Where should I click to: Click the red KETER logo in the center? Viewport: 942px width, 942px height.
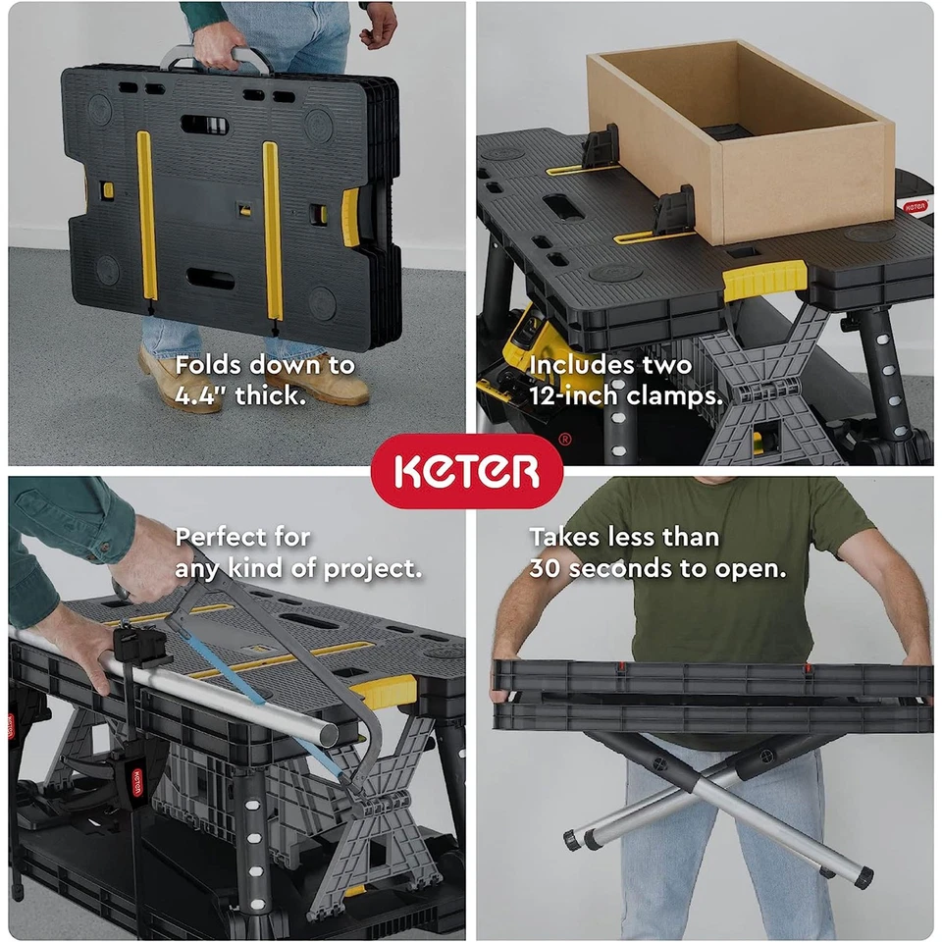point(467,472)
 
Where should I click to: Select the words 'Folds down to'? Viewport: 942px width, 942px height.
point(265,366)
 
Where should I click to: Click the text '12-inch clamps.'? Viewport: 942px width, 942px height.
point(626,396)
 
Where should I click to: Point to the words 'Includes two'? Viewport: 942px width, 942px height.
point(610,366)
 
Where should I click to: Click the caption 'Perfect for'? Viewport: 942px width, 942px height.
point(242,538)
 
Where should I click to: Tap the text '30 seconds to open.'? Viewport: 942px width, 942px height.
point(657,568)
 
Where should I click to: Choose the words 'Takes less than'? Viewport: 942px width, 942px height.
point(624,538)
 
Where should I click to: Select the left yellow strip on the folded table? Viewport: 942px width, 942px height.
point(147,216)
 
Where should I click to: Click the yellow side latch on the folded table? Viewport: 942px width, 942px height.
point(350,217)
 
